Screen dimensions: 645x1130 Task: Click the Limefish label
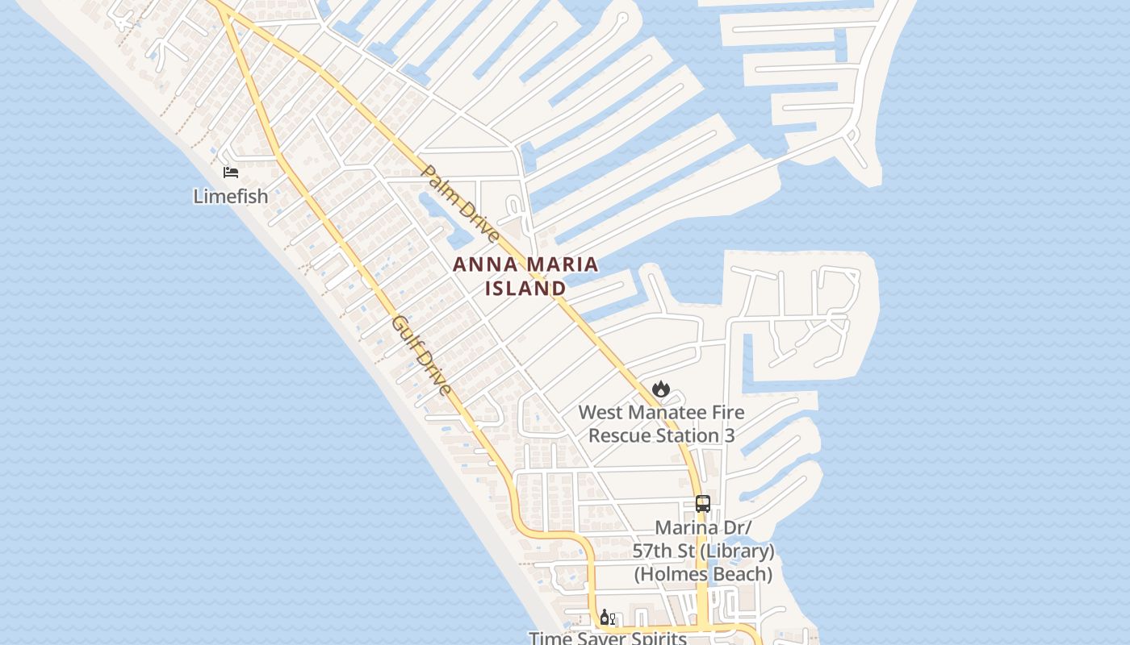click(230, 196)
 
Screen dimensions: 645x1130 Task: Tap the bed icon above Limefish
click(231, 173)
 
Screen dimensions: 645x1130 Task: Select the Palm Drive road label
click(460, 204)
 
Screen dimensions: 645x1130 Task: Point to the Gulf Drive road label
click(421, 356)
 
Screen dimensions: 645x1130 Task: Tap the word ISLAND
click(525, 288)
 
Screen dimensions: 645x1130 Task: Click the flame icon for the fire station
click(661, 389)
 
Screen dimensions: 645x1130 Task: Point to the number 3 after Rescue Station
click(729, 436)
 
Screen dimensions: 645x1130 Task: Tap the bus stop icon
click(702, 504)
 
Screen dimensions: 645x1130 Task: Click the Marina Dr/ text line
click(703, 528)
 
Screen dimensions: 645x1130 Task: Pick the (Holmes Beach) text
click(702, 575)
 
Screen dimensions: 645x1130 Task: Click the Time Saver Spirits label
click(608, 638)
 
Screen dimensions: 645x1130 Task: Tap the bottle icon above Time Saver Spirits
click(604, 618)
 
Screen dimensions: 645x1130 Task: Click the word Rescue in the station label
click(619, 436)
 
